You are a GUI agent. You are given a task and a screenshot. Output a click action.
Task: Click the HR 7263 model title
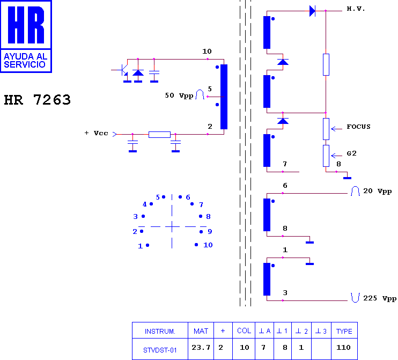[38, 99]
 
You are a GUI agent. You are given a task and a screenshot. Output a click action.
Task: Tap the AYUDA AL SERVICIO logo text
[25, 61]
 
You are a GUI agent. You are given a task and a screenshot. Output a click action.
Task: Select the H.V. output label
[356, 9]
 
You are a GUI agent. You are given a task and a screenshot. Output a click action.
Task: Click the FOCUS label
[358, 127]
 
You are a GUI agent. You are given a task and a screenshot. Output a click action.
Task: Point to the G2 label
[351, 153]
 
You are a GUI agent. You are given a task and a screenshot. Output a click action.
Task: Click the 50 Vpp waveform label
[179, 95]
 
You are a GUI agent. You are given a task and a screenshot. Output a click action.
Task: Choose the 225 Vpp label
[380, 298]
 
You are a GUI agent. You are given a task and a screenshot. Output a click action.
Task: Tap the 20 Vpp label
[378, 191]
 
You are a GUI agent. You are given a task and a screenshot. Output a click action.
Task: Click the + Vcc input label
[96, 133]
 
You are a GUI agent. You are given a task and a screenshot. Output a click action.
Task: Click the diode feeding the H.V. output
[313, 11]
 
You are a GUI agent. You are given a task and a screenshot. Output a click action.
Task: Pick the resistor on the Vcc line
[159, 135]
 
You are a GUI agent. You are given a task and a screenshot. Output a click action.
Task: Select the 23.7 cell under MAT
[201, 347]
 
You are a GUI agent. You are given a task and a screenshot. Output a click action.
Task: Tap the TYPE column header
[344, 332]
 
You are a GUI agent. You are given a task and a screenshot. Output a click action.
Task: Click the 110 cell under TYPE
[343, 347]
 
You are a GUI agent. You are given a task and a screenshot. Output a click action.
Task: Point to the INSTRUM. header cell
[160, 332]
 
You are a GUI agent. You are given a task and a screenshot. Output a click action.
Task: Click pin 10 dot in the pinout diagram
[196, 245]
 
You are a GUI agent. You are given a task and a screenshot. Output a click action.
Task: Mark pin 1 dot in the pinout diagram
[148, 245]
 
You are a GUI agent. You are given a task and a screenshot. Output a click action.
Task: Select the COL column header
[244, 330]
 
